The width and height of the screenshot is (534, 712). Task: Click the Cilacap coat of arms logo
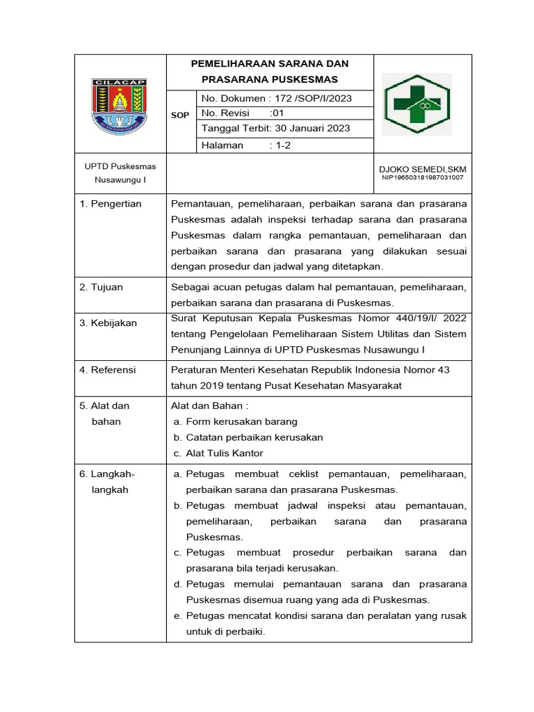(120, 104)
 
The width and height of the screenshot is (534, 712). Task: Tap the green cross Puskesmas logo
(418, 104)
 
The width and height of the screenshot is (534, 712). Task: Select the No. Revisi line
(242, 113)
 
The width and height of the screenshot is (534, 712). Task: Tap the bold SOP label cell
(180, 115)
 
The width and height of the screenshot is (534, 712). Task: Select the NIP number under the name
(423, 177)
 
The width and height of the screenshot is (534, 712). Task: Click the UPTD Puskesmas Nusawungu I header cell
(120, 173)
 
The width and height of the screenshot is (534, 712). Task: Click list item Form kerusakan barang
(241, 421)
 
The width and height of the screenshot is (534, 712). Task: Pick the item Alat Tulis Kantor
(224, 453)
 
